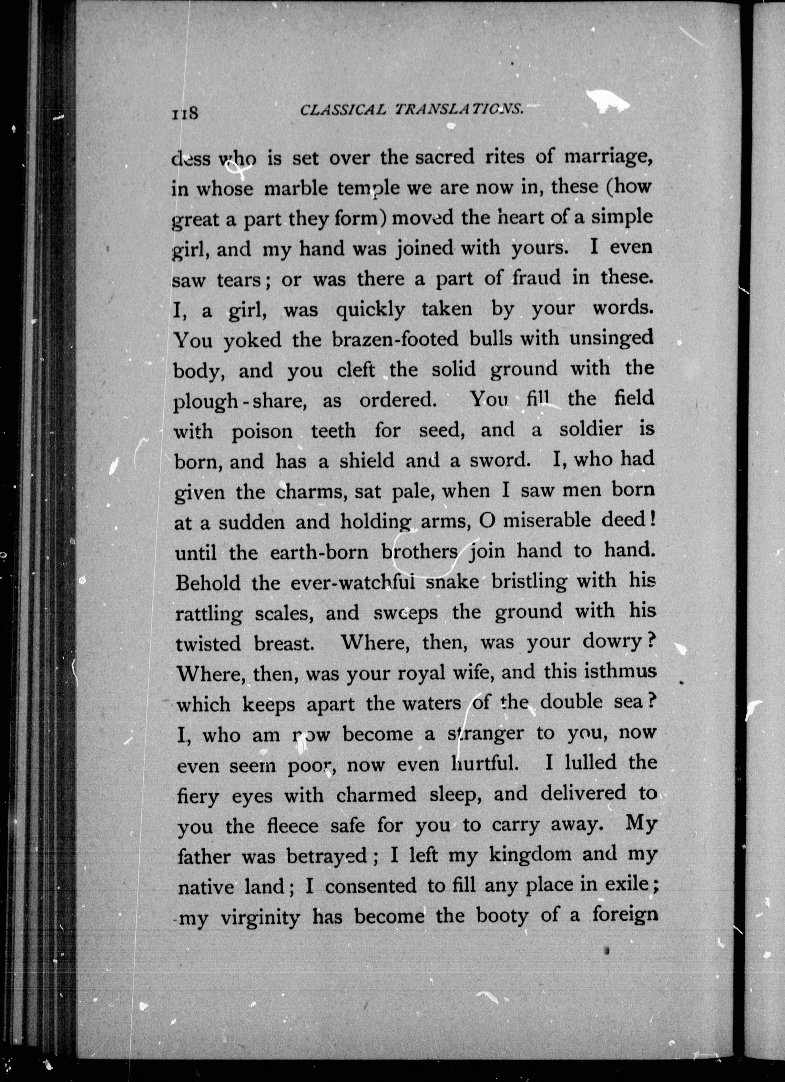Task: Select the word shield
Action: [x=367, y=461]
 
